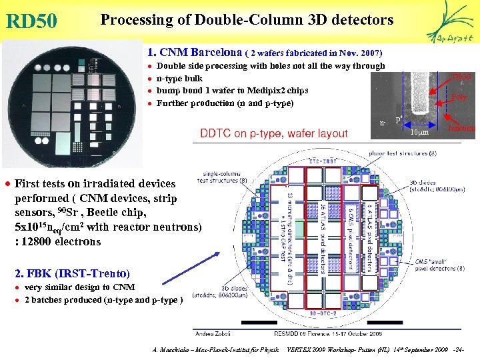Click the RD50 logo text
(31, 21)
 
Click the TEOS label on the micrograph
(462, 77)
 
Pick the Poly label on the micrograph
(459, 97)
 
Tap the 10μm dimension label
(417, 133)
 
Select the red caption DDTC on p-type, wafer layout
(274, 133)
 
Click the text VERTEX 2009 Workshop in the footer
(327, 349)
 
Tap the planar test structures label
(407, 153)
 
